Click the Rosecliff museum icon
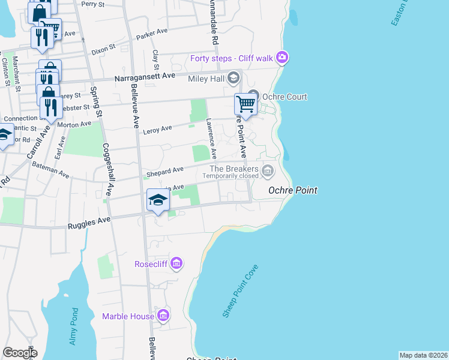(x=176, y=263)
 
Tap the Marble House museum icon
(x=163, y=316)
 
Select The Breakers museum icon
(x=268, y=172)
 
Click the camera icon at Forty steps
(x=282, y=58)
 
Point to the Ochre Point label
(x=292, y=190)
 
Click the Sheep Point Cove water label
(x=240, y=291)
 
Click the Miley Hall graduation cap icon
(x=232, y=79)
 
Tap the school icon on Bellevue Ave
(x=157, y=200)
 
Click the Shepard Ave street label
(x=169, y=170)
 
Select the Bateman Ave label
(x=50, y=172)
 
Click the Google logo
(x=20, y=352)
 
